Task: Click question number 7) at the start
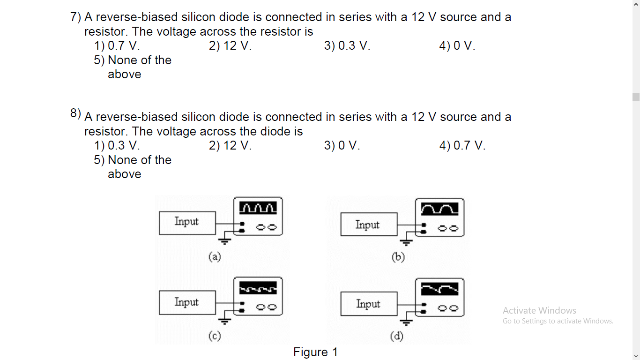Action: click(x=75, y=17)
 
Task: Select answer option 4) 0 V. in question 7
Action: click(x=457, y=46)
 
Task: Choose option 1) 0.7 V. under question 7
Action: click(x=117, y=46)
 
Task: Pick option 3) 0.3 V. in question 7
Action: click(x=347, y=46)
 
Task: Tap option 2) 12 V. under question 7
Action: click(x=230, y=46)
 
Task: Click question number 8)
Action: click(x=75, y=113)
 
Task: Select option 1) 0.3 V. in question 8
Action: click(x=117, y=146)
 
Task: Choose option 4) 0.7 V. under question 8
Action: click(x=462, y=146)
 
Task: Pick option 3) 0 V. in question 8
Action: click(x=342, y=146)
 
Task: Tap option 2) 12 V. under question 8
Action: click(x=230, y=146)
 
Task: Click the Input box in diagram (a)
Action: click(x=187, y=223)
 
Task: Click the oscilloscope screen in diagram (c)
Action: click(x=258, y=288)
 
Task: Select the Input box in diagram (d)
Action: click(x=368, y=304)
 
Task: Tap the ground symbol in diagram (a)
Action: click(x=225, y=241)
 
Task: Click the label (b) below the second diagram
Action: click(x=398, y=257)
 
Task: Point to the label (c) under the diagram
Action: click(x=215, y=336)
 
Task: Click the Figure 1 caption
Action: click(x=315, y=352)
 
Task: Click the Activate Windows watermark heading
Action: click(x=539, y=310)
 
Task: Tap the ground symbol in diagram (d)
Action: click(x=406, y=322)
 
